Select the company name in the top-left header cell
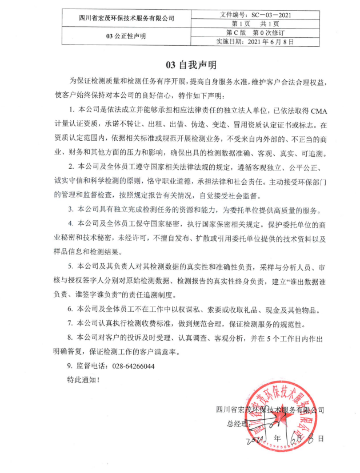126,19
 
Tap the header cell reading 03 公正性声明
126,35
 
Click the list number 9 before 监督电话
70,365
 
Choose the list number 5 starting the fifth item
70,267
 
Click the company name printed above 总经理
270,410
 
